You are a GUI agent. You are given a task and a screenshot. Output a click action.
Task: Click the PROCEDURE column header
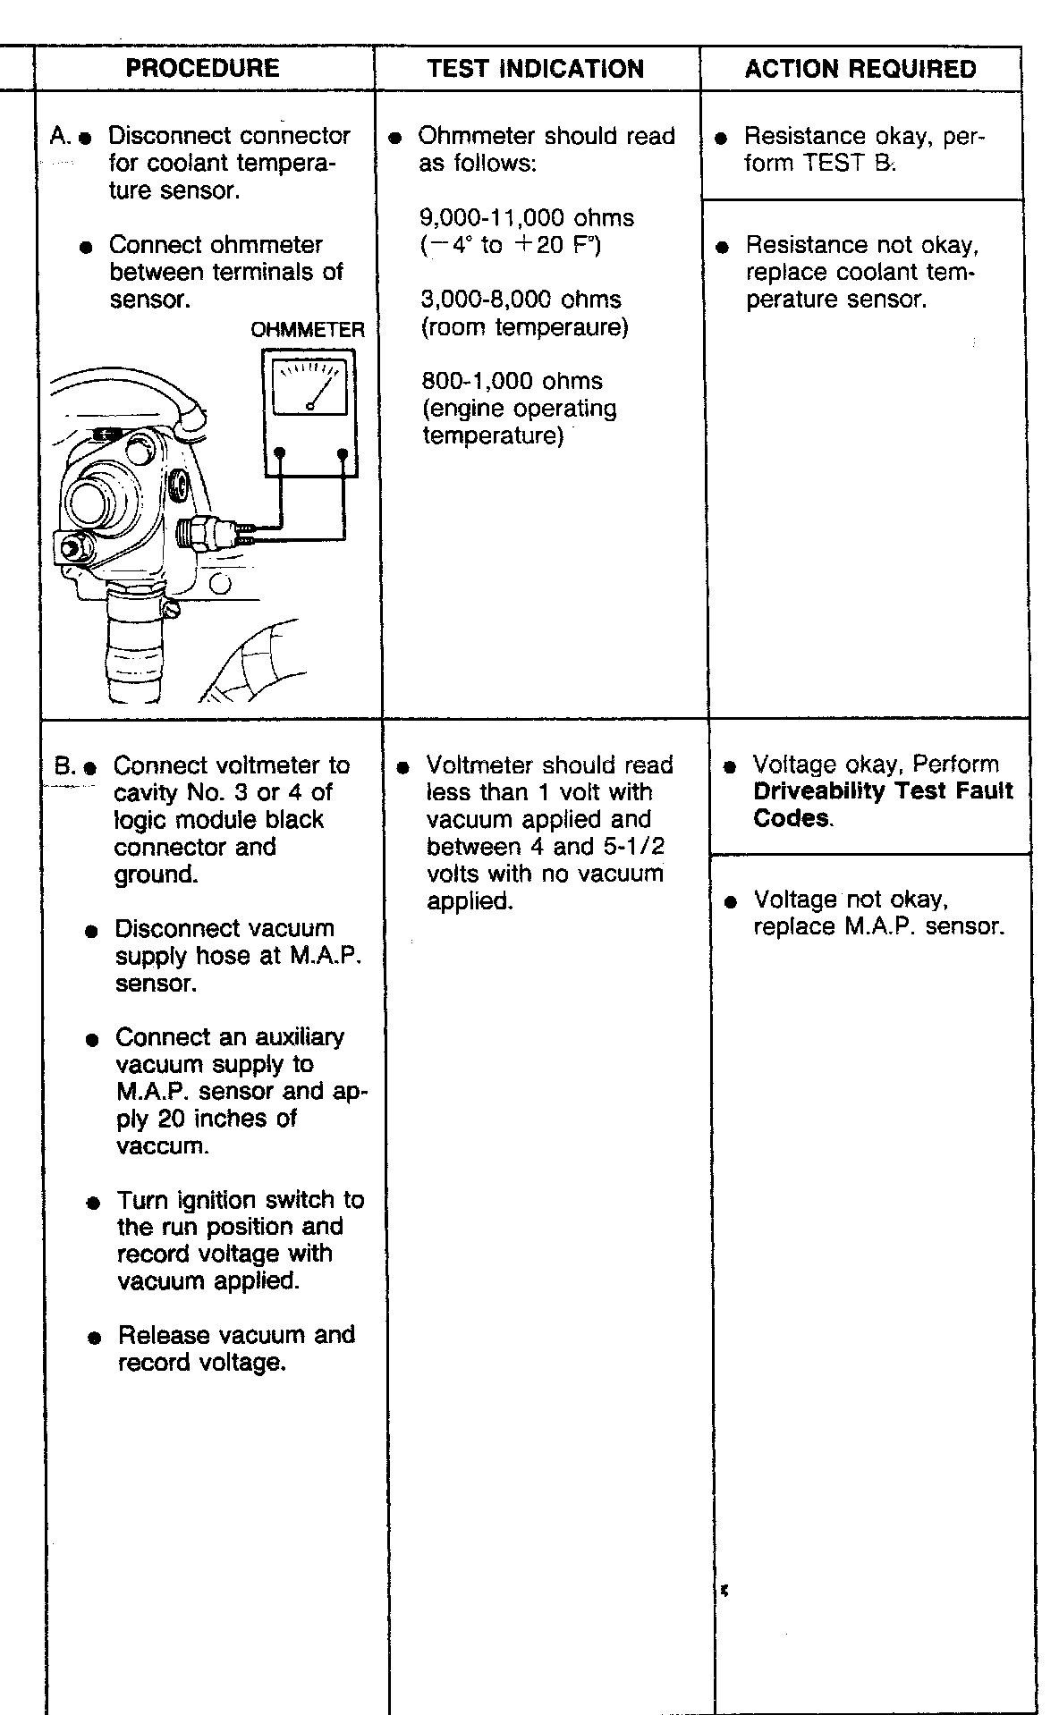(202, 69)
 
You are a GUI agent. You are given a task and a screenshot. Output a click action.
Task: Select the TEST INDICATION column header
(535, 70)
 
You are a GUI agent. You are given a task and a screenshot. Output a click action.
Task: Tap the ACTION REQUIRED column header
(860, 70)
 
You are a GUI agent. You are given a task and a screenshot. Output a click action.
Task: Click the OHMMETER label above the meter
(308, 330)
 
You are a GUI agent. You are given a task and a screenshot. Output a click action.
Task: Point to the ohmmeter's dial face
(309, 387)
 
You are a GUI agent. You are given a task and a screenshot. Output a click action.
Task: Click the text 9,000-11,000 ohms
(527, 218)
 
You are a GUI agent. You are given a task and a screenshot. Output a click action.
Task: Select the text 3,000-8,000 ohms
(521, 300)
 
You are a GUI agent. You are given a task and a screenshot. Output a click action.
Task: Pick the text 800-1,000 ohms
(512, 381)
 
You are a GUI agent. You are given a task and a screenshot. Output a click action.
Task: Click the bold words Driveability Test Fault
(883, 791)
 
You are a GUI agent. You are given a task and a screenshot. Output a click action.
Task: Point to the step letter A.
(59, 137)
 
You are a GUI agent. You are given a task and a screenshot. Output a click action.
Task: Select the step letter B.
(64, 766)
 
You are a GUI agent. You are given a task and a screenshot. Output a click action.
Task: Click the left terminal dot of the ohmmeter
(280, 453)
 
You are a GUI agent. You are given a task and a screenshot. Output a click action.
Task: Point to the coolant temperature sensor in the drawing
(210, 533)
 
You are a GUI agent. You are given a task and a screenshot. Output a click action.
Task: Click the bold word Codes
(792, 819)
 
